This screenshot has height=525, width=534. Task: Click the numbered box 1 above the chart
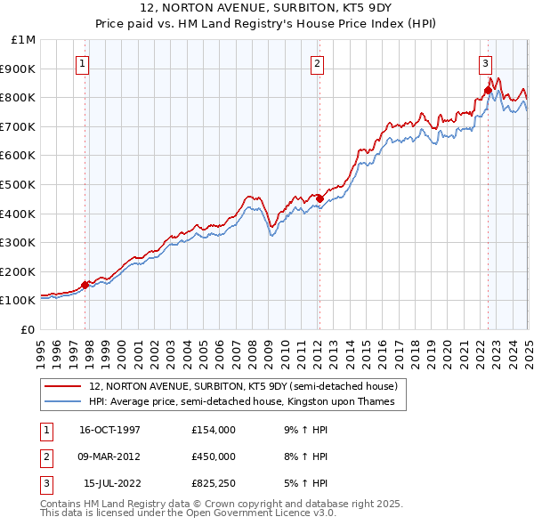tap(82, 62)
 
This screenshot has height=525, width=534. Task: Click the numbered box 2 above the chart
tap(317, 62)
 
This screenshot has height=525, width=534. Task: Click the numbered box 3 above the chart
tap(485, 62)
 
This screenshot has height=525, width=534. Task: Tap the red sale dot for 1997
tap(85, 285)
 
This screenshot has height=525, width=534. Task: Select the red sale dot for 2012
tap(320, 198)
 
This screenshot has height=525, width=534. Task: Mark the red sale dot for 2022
tap(488, 90)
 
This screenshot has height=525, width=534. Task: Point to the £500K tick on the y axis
tap(20, 184)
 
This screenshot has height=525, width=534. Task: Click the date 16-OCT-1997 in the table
tap(110, 430)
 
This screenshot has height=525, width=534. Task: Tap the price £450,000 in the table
tap(214, 456)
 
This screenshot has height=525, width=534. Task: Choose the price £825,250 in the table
tap(214, 483)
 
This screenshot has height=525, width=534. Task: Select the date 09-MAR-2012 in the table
tap(110, 456)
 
